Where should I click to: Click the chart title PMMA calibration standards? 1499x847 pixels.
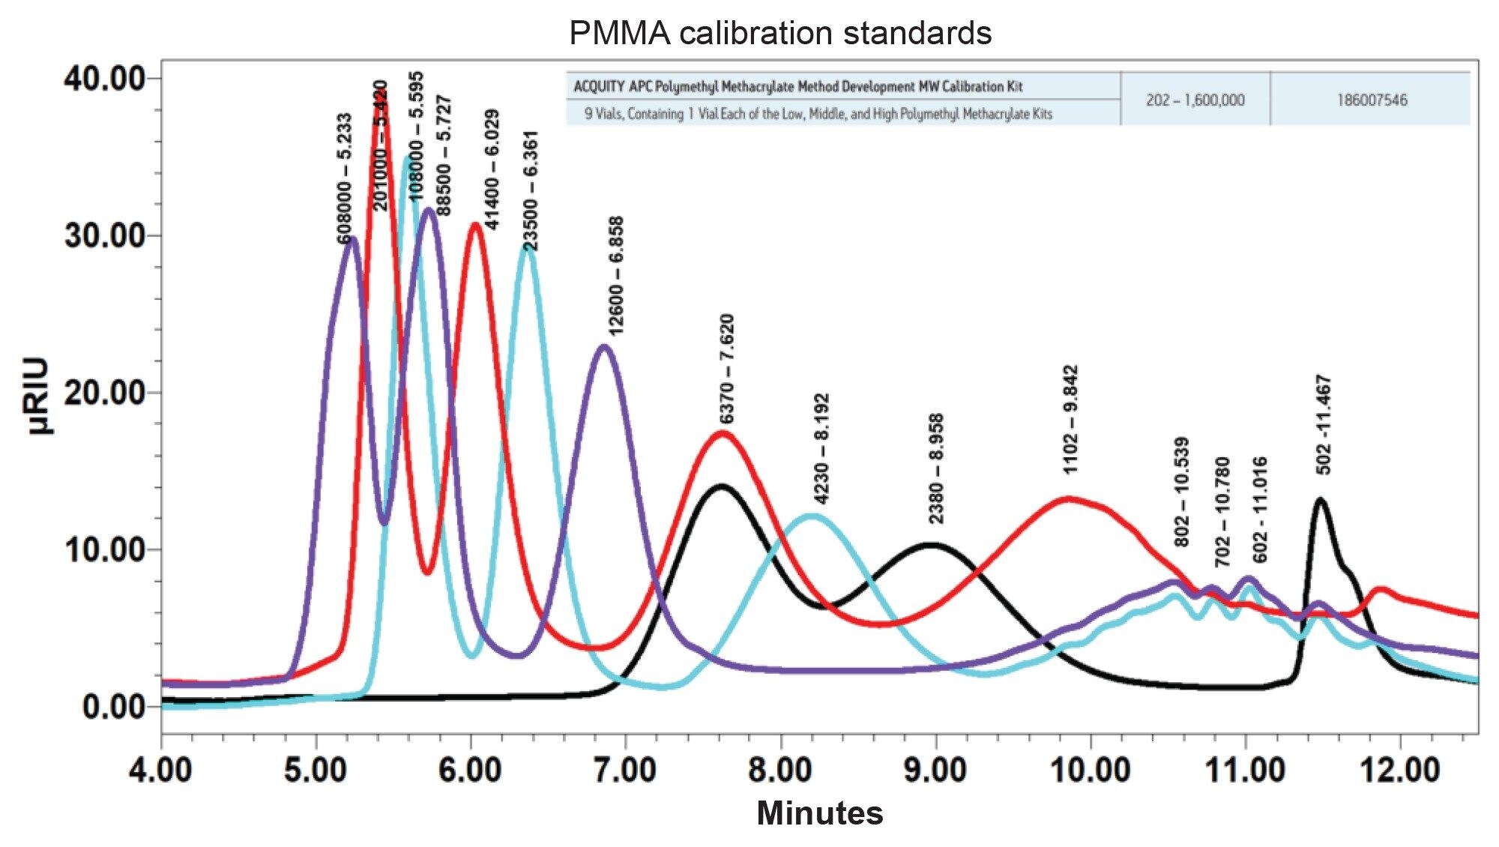(x=780, y=33)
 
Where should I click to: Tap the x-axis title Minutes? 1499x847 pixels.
(x=820, y=813)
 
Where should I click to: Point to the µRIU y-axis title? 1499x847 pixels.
(x=38, y=396)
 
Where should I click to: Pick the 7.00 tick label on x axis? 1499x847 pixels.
(x=626, y=771)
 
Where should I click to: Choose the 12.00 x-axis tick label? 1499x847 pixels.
(x=1399, y=771)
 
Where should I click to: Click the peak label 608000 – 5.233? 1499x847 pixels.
(x=345, y=178)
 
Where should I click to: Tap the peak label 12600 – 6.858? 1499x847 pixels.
(x=616, y=276)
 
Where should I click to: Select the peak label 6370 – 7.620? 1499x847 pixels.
(x=726, y=369)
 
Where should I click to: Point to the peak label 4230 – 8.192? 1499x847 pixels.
(x=821, y=448)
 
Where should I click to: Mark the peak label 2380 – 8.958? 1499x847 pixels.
(x=936, y=468)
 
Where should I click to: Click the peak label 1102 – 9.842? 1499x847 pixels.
(x=1072, y=419)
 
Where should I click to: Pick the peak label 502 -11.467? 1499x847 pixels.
(x=1324, y=424)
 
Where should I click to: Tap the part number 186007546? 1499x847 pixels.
(x=1372, y=100)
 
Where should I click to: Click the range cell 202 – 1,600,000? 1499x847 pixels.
(x=1195, y=100)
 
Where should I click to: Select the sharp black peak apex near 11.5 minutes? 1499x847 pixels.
(x=1320, y=499)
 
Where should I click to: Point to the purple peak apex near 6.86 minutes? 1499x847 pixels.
(x=604, y=346)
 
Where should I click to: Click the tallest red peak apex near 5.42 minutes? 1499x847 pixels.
(x=380, y=91)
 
